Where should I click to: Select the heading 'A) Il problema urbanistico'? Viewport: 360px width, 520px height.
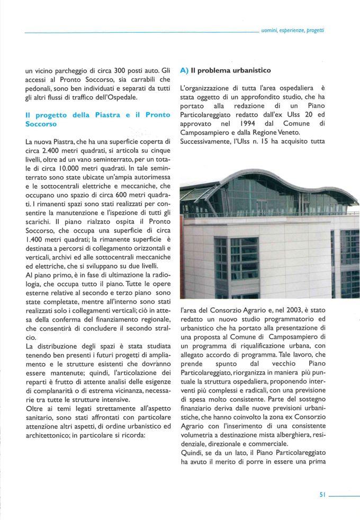226,70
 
